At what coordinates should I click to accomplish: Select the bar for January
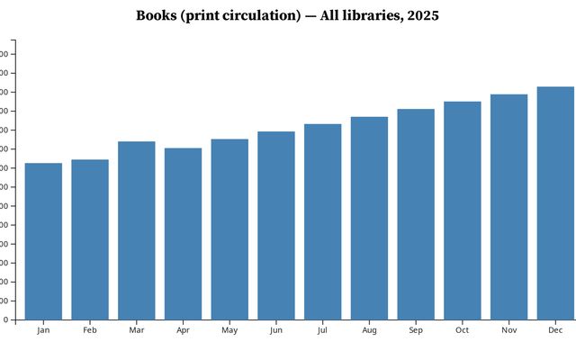[43, 241]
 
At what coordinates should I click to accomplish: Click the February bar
[90, 239]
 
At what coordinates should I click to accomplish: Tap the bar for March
[136, 230]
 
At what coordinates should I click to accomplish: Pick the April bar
[183, 234]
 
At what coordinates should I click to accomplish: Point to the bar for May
[229, 229]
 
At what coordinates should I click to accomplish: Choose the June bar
[276, 226]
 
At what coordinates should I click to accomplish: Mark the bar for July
[322, 221]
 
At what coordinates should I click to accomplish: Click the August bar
[369, 218]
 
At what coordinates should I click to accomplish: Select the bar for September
[416, 214]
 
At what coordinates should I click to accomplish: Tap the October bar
[462, 211]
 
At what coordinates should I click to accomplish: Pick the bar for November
[508, 207]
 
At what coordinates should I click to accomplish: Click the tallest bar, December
[555, 203]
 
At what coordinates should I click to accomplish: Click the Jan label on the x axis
[43, 330]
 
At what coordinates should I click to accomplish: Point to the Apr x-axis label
[183, 330]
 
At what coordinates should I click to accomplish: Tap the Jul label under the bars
[322, 330]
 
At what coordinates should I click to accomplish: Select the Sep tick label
[416, 330]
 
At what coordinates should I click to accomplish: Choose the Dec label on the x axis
[555, 330]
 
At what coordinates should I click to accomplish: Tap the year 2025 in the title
[421, 16]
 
